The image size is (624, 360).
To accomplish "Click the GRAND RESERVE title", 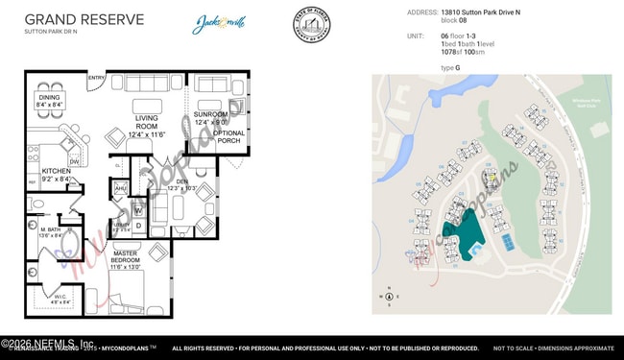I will point(84,19).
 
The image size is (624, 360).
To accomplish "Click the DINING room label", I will point(49,97).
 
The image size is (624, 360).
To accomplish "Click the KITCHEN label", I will point(56,172).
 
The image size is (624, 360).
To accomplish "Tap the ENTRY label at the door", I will point(96,78).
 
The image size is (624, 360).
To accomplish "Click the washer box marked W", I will point(138,210).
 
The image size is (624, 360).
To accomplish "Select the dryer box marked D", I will point(138,227).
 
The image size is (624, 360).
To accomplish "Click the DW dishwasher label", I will point(74,160).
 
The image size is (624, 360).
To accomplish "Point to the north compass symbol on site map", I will point(388,296).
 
